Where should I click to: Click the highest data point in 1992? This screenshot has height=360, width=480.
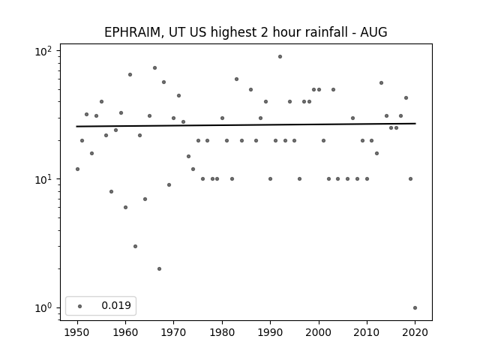coord(280,57)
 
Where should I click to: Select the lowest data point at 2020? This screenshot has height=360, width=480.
coord(415,308)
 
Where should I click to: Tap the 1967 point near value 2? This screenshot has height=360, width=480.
coord(159,268)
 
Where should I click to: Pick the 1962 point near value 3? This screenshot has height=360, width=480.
coord(135,247)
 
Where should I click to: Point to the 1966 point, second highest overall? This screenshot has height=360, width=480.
coord(155,68)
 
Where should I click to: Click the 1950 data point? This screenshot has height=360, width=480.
coord(77,169)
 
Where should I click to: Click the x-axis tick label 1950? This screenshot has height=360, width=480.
coord(77,332)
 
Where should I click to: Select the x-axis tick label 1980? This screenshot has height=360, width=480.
coord(222,332)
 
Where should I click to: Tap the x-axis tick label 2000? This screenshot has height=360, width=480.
coord(319,332)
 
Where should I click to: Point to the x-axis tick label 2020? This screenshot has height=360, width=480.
coord(415,332)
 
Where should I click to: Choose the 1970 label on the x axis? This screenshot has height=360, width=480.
coord(174,332)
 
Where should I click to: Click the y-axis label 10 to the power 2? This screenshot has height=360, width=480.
coord(43,51)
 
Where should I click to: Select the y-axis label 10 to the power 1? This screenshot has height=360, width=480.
coord(43,179)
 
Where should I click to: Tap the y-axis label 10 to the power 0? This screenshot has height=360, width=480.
coord(43,307)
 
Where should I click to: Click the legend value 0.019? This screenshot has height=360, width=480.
coord(116,305)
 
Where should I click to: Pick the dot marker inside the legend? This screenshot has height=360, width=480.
coord(80,306)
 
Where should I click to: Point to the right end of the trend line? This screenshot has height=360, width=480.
coord(415,123)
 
